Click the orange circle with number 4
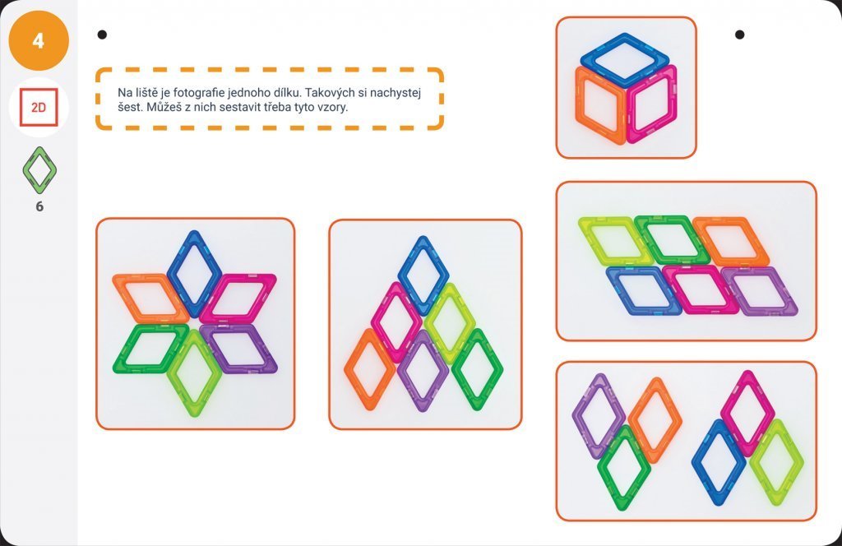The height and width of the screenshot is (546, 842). click(39, 40)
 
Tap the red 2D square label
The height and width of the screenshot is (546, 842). click(39, 108)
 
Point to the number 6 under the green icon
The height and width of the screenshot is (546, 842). click(39, 206)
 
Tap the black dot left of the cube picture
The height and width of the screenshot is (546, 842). click(102, 35)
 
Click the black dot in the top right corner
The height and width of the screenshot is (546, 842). click(739, 35)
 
